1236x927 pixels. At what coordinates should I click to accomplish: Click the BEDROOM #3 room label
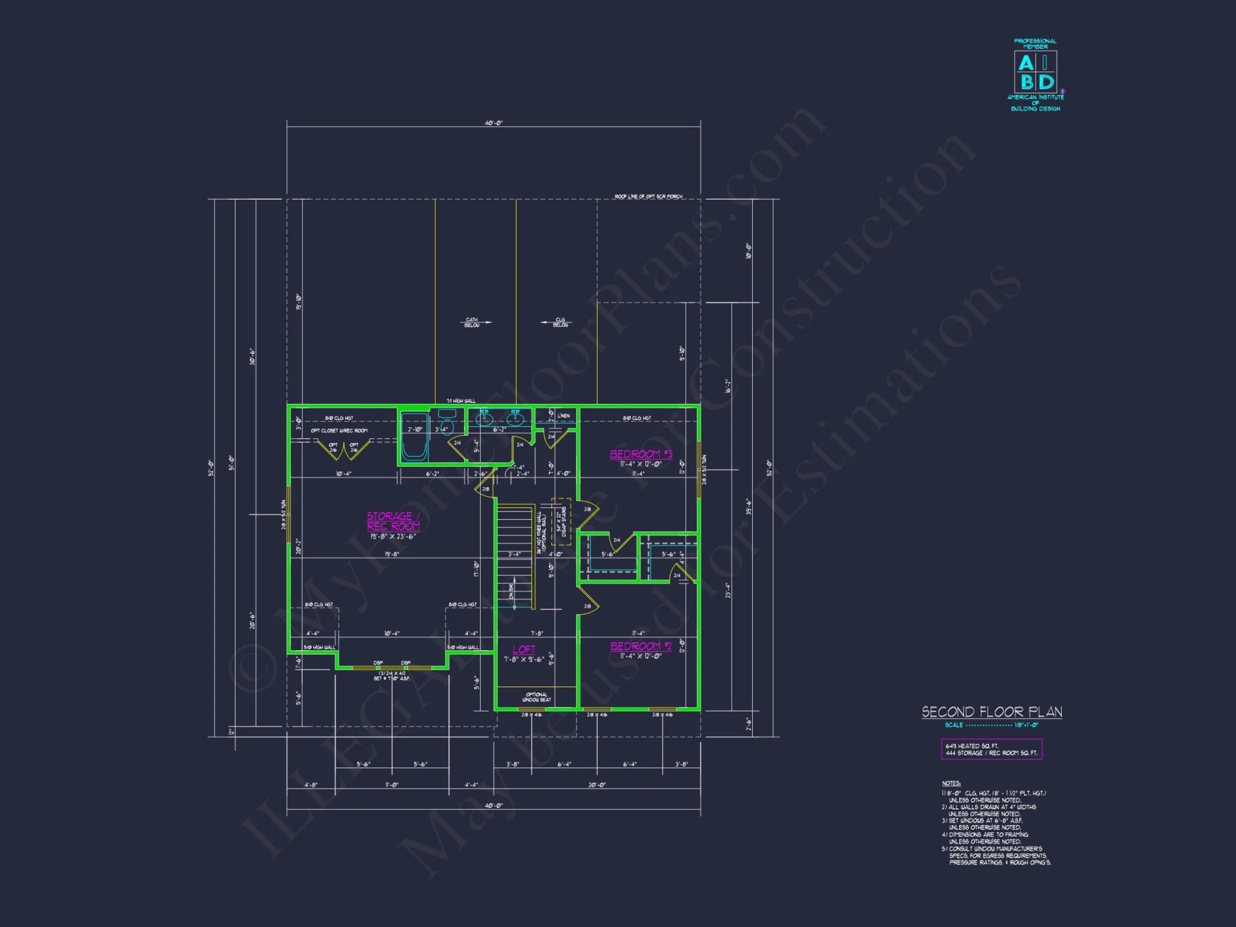pos(640,454)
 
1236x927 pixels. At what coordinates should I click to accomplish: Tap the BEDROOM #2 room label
pos(640,646)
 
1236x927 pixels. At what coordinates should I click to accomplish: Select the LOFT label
pos(523,650)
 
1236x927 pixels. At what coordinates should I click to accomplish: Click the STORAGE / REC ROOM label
pos(393,521)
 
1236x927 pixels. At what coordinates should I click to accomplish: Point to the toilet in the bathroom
pos(447,426)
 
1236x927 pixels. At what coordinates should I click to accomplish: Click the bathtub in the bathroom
pos(414,438)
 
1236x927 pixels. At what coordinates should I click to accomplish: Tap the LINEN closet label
pos(564,416)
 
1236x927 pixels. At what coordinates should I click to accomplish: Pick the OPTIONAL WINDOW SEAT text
pos(536,697)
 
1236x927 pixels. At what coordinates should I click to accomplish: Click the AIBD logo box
pos(1035,72)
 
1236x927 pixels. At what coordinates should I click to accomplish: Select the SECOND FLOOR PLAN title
pos(991,712)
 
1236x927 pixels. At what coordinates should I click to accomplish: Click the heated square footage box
pos(991,750)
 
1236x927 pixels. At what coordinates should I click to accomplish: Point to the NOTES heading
pos(951,783)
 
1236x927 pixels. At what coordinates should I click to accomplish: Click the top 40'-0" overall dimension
pos(493,123)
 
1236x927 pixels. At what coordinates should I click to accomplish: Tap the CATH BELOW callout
pos(472,322)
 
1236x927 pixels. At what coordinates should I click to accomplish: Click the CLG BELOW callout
pos(561,322)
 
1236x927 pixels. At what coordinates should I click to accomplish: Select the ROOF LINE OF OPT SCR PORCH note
pos(648,197)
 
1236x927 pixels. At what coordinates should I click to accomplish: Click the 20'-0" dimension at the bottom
pos(596,785)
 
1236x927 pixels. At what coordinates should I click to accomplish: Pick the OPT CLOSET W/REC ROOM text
pos(339,431)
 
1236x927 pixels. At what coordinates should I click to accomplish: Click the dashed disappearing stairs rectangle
pos(561,522)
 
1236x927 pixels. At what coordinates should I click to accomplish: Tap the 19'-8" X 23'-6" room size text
pos(393,536)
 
